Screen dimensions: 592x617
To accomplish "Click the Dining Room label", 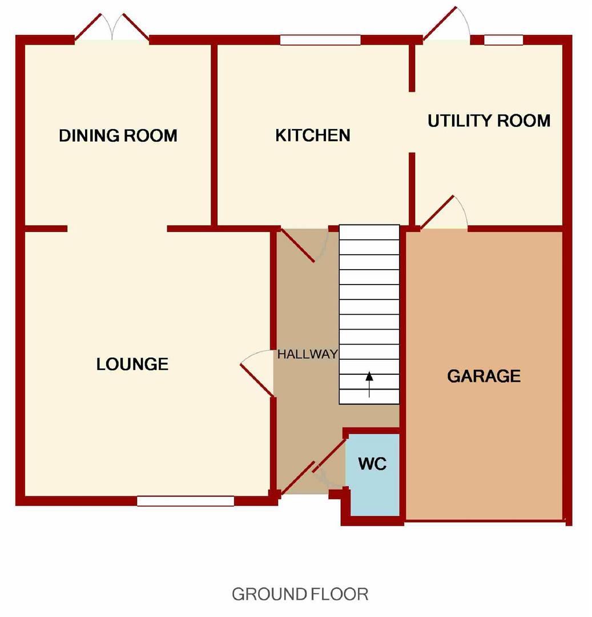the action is [x=118, y=136].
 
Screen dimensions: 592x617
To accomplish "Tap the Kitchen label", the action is [x=312, y=135].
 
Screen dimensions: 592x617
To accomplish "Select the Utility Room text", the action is [x=489, y=121].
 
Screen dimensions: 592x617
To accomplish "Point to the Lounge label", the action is [x=132, y=364].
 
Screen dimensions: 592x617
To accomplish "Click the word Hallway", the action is [x=307, y=354].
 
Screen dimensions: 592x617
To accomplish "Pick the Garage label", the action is [x=484, y=376].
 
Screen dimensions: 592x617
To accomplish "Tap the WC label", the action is [x=372, y=464].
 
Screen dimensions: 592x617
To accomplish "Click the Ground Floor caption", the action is [x=300, y=594].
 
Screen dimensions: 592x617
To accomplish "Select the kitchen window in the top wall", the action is [x=320, y=40].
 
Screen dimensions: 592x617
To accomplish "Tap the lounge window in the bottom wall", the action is [x=186, y=501].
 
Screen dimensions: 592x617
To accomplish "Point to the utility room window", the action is [x=503, y=40].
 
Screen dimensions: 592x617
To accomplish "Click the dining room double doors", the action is [x=112, y=27].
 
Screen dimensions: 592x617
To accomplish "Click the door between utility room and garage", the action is [x=444, y=213].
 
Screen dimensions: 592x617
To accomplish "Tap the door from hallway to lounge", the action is [x=257, y=373].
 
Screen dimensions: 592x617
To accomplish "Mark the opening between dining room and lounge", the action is [x=117, y=229].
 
